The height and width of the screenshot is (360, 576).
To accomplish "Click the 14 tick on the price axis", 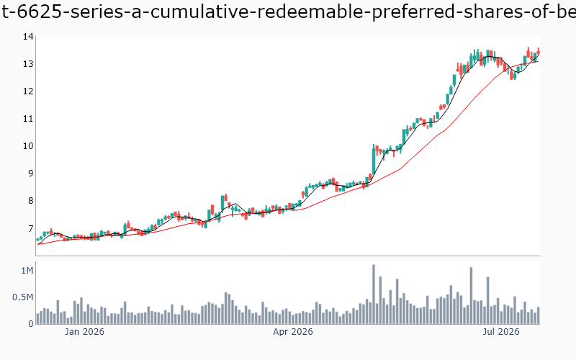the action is pos(28,37).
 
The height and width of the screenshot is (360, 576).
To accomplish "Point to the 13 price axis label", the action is pos(28,64).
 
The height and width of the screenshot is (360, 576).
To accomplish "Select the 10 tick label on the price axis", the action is pos(28,146).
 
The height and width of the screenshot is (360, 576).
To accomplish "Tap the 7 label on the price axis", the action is pos(30,228).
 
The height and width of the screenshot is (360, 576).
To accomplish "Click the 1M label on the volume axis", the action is pos(27,271).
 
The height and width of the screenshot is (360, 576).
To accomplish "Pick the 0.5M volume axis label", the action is pos(23,297).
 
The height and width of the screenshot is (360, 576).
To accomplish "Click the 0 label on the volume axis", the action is pos(31,324).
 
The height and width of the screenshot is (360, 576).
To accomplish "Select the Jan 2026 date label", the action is pos(84,332).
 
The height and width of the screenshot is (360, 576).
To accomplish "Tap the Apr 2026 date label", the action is pos(293,332).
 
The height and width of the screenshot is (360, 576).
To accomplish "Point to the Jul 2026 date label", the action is pos(501,332).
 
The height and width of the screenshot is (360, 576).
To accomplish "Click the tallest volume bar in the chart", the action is pos(374,294).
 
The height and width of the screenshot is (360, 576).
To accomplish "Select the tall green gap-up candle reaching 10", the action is pos(374,161).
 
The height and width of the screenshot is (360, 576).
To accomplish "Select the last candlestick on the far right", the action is pos(539,52).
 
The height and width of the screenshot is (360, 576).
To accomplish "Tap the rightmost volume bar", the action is pos(539,315).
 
